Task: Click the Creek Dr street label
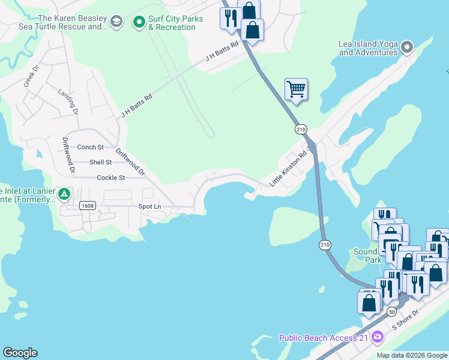(31, 76)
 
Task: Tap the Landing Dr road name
(68, 102)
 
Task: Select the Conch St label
(91, 147)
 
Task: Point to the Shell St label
(100, 162)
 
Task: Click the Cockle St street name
(110, 178)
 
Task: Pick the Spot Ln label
(149, 206)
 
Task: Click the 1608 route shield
(88, 206)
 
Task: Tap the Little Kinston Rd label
(288, 169)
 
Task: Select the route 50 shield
(391, 311)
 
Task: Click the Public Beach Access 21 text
(324, 338)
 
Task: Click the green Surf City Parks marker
(139, 23)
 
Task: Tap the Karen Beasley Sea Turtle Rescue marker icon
(116, 23)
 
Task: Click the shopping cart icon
(296, 89)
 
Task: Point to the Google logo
(20, 353)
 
